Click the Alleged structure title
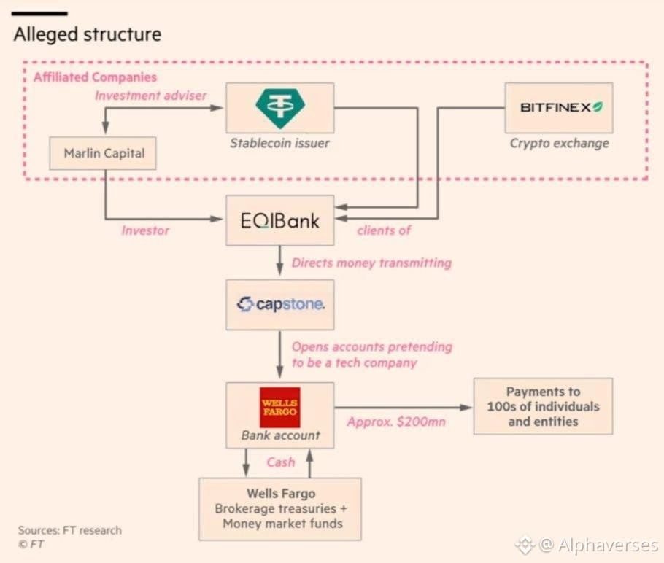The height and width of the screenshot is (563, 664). [88, 34]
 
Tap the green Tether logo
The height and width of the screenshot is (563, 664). [280, 109]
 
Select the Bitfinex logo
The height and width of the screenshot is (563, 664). [561, 107]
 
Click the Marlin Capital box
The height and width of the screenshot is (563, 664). [103, 153]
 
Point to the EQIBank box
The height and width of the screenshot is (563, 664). [280, 220]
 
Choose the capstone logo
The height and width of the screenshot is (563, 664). [280, 304]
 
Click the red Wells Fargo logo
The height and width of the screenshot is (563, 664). [280, 407]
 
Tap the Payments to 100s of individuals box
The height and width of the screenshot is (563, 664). [543, 406]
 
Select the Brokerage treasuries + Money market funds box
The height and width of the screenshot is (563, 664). [280, 509]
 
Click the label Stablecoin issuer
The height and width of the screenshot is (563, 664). [279, 143]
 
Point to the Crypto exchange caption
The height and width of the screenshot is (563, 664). [560, 144]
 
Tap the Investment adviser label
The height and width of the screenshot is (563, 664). [151, 96]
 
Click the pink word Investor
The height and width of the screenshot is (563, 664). [145, 230]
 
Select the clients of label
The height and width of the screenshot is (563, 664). [384, 230]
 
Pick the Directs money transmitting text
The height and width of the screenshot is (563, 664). [371, 263]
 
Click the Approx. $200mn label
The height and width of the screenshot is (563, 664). [396, 422]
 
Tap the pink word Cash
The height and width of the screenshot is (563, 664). [281, 462]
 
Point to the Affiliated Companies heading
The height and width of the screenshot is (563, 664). [96, 77]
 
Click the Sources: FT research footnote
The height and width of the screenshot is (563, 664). [70, 530]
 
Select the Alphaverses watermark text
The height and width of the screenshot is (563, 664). [599, 545]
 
